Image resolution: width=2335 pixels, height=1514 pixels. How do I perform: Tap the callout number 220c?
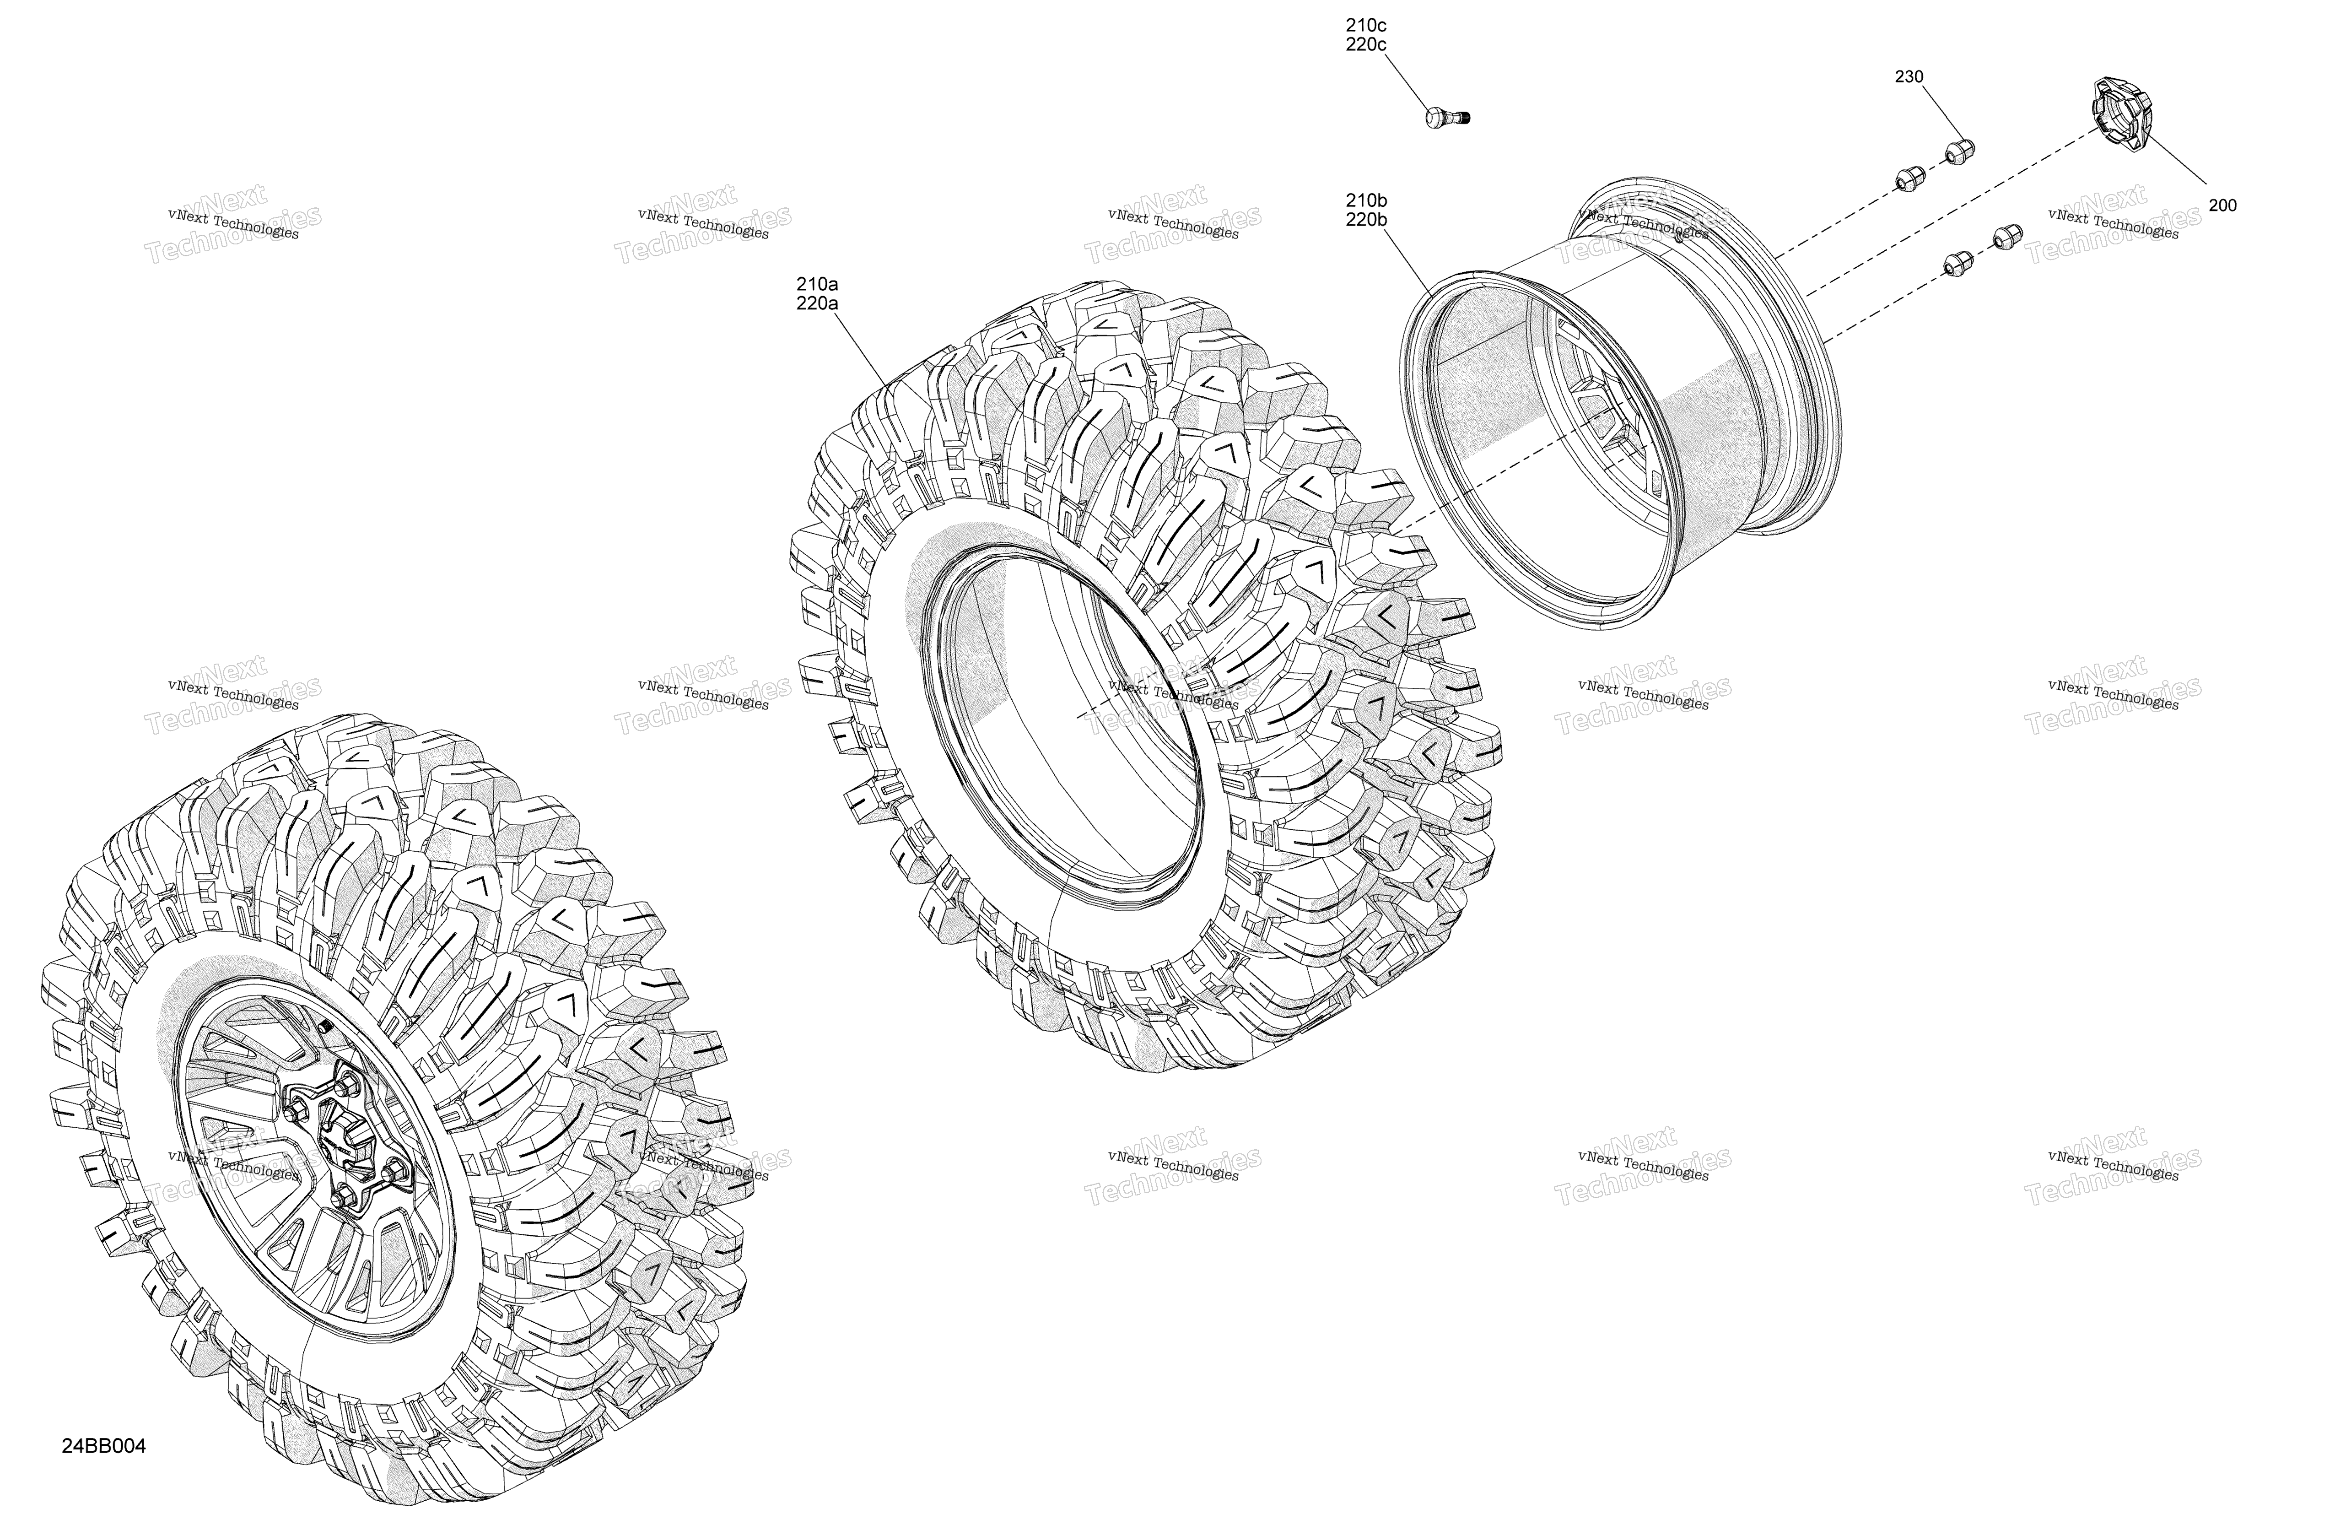point(1367,45)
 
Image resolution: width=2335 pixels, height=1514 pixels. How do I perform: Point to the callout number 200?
point(2222,205)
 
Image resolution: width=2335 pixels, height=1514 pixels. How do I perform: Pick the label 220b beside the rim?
point(1367,221)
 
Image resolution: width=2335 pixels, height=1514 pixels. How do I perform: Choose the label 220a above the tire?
point(817,304)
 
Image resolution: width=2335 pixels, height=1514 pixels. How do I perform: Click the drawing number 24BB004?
point(104,1446)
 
